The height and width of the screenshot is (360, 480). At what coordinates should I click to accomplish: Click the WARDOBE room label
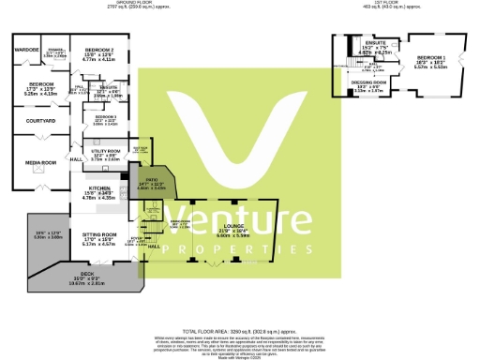pos(26,49)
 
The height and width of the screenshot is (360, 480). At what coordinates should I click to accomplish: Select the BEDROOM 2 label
pos(98,49)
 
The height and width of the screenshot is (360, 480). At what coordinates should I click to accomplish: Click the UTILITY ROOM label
pos(106,150)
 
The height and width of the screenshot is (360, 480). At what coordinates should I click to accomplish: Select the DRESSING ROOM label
pos(369,82)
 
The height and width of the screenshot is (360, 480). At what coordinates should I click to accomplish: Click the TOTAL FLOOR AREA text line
pos(240,332)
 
